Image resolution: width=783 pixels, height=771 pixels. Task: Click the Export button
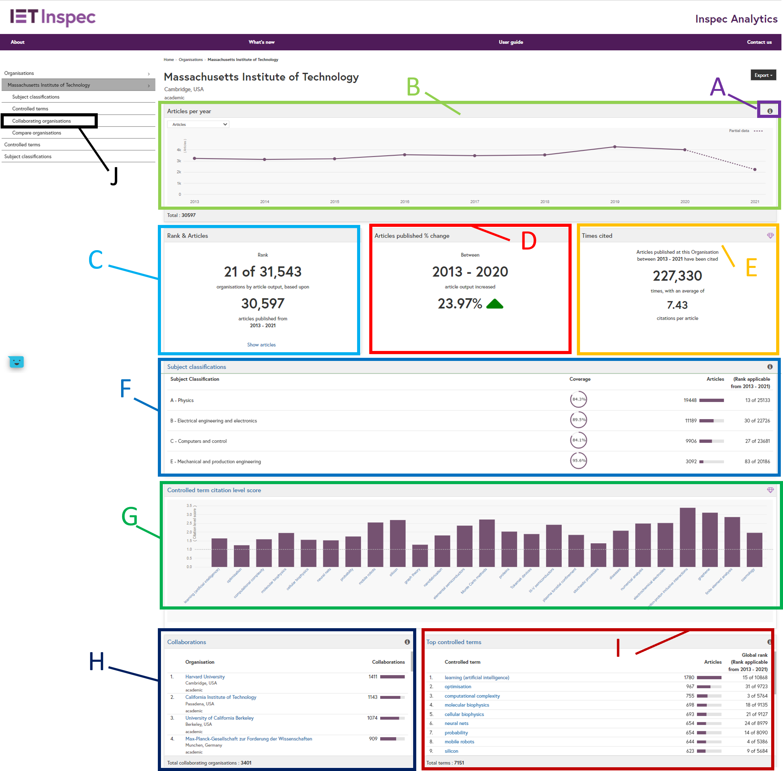(763, 75)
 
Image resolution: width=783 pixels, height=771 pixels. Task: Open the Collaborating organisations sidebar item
(41, 121)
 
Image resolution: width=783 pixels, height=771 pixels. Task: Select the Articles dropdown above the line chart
(198, 124)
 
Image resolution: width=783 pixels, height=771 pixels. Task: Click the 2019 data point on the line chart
(614, 147)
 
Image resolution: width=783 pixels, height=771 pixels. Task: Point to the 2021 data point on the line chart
(755, 170)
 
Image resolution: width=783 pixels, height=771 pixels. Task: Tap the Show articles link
(262, 345)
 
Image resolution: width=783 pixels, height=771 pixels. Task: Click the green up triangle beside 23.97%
(494, 304)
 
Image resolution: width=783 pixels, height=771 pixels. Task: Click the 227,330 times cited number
(677, 276)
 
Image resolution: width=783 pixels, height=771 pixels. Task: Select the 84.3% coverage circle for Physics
(578, 399)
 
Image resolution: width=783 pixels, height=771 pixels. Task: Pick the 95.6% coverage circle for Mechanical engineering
(578, 460)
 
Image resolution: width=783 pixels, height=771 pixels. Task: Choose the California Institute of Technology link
(220, 697)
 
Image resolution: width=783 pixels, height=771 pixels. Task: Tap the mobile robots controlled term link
(459, 741)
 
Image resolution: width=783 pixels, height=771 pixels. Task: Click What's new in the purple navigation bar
(262, 42)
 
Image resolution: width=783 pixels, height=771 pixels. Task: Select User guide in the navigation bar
(511, 42)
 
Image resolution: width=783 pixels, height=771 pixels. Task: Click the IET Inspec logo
(53, 17)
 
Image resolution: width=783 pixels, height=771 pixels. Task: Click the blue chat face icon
(16, 362)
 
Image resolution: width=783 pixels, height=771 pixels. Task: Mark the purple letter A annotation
(717, 87)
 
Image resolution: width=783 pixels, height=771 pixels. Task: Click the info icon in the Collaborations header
(407, 642)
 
